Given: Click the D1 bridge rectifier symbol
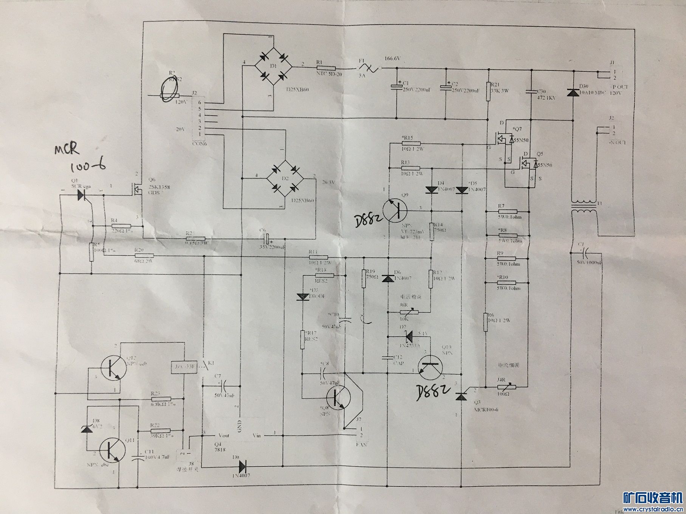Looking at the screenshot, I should pyautogui.click(x=273, y=66).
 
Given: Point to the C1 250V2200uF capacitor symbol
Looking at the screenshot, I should pyautogui.click(x=396, y=86).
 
